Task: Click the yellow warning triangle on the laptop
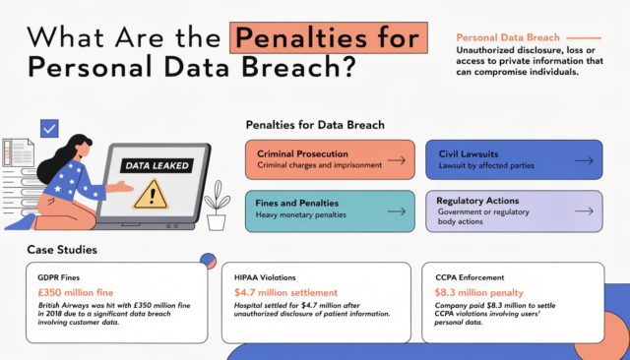click(151, 194)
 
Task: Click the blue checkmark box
click(49, 128)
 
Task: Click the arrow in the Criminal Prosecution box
click(397, 159)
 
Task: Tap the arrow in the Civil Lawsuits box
click(583, 159)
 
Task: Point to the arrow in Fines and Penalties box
click(397, 210)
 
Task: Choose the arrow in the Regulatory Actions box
click(583, 210)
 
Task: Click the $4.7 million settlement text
click(285, 292)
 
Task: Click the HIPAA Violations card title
click(266, 276)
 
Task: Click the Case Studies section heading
click(61, 250)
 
